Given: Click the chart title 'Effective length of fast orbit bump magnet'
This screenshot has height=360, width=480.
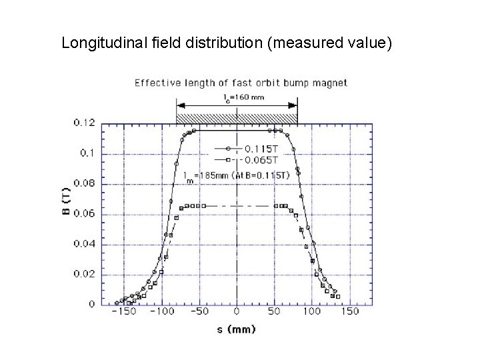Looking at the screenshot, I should click(241, 83).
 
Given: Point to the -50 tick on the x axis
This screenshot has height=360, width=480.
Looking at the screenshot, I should click(200, 311).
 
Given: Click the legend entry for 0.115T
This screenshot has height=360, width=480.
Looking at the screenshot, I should click(259, 149).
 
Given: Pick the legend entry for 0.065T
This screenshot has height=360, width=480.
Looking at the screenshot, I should click(259, 159).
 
